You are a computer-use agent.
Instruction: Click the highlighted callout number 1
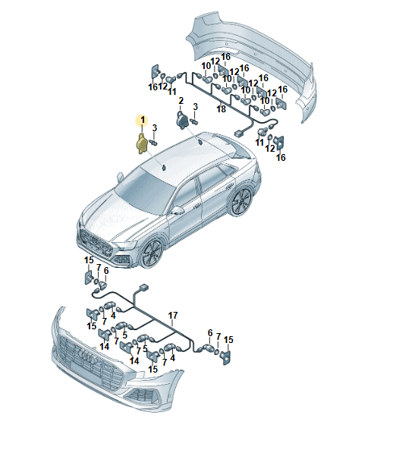point(143,121)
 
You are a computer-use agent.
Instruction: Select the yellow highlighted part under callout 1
point(142,144)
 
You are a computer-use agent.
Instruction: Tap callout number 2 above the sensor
point(181,101)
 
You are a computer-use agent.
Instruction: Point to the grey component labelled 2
point(182,121)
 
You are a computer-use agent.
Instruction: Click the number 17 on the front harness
point(173,316)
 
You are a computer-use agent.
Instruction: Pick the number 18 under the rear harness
point(221,109)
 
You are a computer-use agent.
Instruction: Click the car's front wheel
point(152,254)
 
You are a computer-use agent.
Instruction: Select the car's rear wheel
point(240,202)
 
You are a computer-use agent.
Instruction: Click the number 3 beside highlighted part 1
point(155,128)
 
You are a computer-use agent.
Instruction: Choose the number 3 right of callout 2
point(196,107)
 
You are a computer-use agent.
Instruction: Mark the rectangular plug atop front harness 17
point(143,288)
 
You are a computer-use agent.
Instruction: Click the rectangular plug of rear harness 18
point(239,133)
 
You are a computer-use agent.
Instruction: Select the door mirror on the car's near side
point(178,209)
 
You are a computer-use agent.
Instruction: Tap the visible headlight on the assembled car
point(127,244)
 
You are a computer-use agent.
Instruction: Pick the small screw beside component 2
point(194,121)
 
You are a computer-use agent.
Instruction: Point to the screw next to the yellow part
point(153,143)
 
